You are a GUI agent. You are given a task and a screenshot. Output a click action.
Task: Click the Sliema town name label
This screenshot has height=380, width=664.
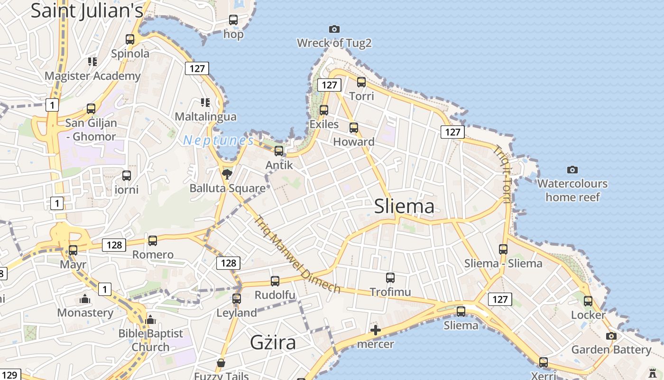404,206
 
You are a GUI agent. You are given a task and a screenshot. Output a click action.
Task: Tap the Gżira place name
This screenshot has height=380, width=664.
273,342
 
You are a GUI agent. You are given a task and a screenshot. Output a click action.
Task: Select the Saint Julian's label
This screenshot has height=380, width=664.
87,10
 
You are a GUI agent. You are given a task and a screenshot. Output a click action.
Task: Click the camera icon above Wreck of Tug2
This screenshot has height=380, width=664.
334,29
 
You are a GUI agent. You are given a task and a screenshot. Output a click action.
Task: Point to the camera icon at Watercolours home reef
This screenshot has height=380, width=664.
572,170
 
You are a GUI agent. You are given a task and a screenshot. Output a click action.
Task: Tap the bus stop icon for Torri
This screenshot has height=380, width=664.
361,82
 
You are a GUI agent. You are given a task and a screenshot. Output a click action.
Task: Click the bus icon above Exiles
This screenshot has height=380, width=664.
324,110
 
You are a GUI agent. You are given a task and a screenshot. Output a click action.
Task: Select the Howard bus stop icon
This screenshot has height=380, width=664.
354,128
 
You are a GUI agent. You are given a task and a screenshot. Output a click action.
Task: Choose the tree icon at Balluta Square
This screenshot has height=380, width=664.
227,174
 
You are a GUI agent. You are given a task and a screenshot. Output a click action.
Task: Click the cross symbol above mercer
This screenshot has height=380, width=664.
376,330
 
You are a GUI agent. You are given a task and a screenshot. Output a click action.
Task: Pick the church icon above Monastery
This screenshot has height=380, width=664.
85,299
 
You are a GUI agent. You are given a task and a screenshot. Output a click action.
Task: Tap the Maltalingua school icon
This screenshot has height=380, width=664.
205,103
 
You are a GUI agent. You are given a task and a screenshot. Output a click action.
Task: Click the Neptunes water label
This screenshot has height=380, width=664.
219,141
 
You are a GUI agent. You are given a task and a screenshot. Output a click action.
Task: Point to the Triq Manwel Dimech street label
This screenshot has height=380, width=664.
297,255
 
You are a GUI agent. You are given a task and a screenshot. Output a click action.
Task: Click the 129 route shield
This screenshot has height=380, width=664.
9,375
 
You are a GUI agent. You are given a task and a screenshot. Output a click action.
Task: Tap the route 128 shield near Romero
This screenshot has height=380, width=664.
114,245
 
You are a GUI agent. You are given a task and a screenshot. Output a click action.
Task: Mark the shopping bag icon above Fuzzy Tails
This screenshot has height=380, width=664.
221,363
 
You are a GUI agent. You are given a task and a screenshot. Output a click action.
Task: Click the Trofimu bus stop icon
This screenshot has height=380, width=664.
390,278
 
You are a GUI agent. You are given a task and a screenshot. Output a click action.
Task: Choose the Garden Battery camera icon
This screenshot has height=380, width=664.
611,336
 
